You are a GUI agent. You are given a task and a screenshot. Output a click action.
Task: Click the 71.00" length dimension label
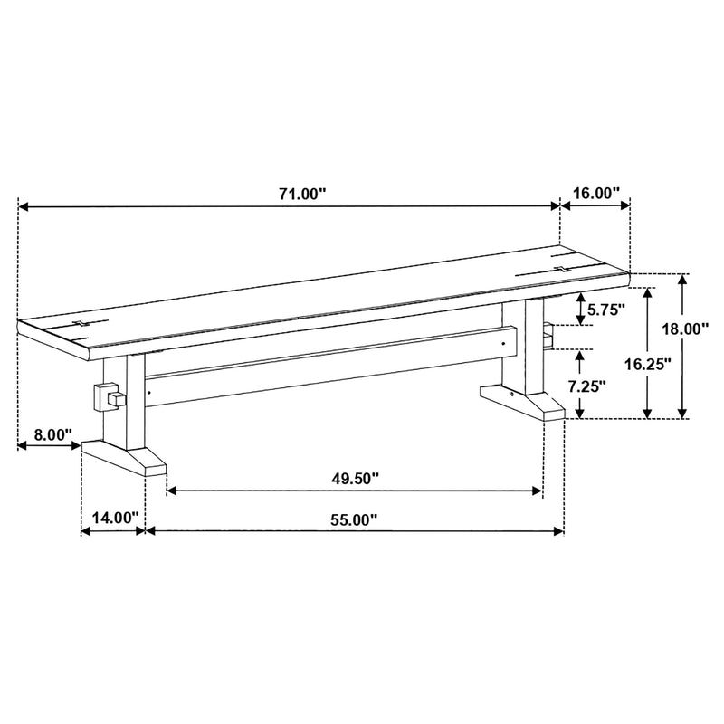tap(302, 194)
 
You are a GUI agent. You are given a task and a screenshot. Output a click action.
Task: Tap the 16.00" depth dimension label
tap(596, 193)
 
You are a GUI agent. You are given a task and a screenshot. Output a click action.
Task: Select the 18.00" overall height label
tap(685, 329)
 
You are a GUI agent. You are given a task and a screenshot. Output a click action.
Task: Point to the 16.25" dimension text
tap(647, 365)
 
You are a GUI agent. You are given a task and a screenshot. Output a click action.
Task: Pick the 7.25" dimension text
tap(586, 386)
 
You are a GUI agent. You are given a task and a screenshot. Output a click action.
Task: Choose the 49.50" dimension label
tap(355, 479)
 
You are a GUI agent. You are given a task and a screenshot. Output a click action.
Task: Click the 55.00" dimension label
tap(354, 519)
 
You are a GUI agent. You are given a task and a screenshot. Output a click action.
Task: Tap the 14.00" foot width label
tap(115, 518)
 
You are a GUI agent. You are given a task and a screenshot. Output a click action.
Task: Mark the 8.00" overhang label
tap(53, 434)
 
